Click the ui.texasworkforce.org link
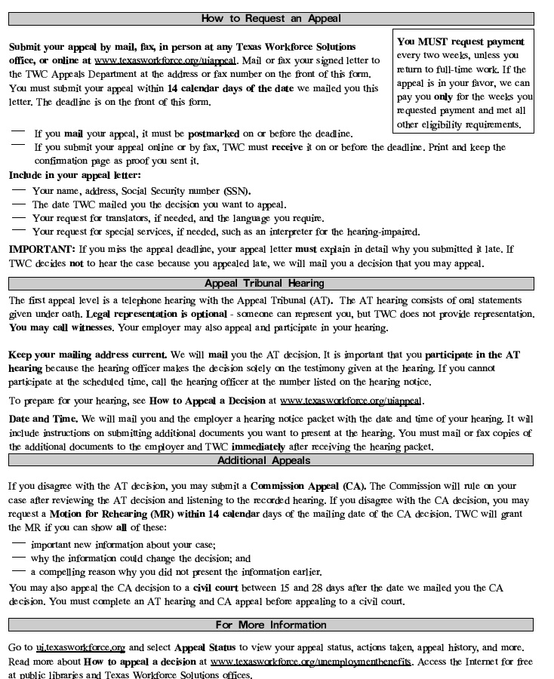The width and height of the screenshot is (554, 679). pos(80,647)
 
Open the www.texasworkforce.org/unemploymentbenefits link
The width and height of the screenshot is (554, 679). pos(311,662)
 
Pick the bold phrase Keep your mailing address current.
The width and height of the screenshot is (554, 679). pos(88,355)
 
